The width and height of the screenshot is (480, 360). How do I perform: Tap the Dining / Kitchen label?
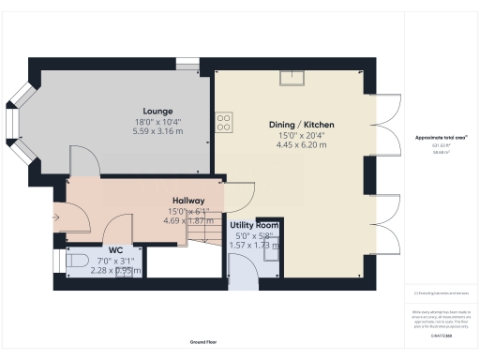coord(302,124)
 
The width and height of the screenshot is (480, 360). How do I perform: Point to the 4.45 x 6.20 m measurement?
coord(302,145)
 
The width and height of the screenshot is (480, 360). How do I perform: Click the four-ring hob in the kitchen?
coord(225,121)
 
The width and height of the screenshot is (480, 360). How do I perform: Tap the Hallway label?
coord(188,200)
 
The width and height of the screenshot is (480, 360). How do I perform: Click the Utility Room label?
coord(255,226)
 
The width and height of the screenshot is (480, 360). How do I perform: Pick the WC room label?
coord(116,249)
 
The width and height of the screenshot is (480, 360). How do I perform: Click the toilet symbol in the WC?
coord(77,261)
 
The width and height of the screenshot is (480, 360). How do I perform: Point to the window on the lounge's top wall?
coord(187,64)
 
